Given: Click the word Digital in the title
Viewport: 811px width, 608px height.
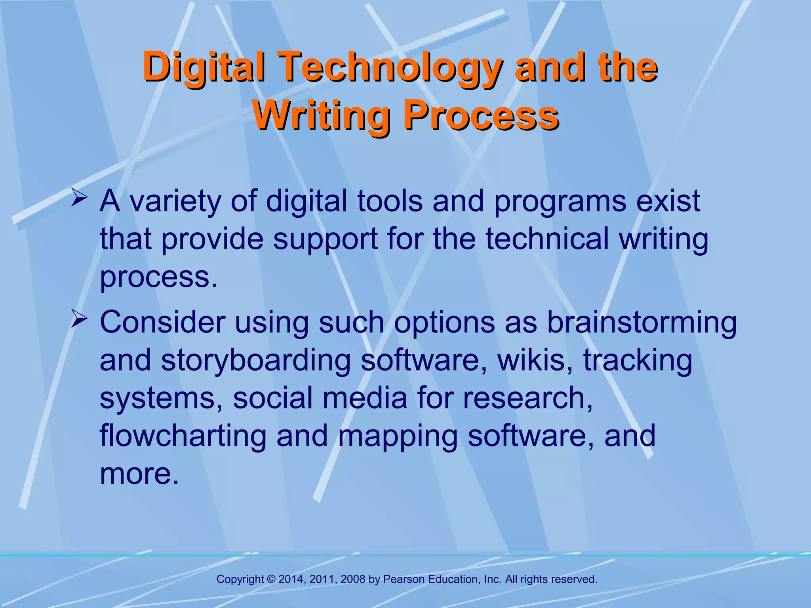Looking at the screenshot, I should [204, 67].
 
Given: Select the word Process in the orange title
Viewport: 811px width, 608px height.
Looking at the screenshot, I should [481, 115].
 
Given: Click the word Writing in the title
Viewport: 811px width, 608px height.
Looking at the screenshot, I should [321, 115].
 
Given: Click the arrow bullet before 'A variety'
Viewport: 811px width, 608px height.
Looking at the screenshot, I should [79, 198].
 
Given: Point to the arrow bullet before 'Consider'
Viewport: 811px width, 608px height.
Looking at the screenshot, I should [79, 319].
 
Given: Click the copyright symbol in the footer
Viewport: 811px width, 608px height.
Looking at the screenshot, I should [271, 579].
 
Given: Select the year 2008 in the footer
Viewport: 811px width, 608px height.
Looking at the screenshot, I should [353, 579].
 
